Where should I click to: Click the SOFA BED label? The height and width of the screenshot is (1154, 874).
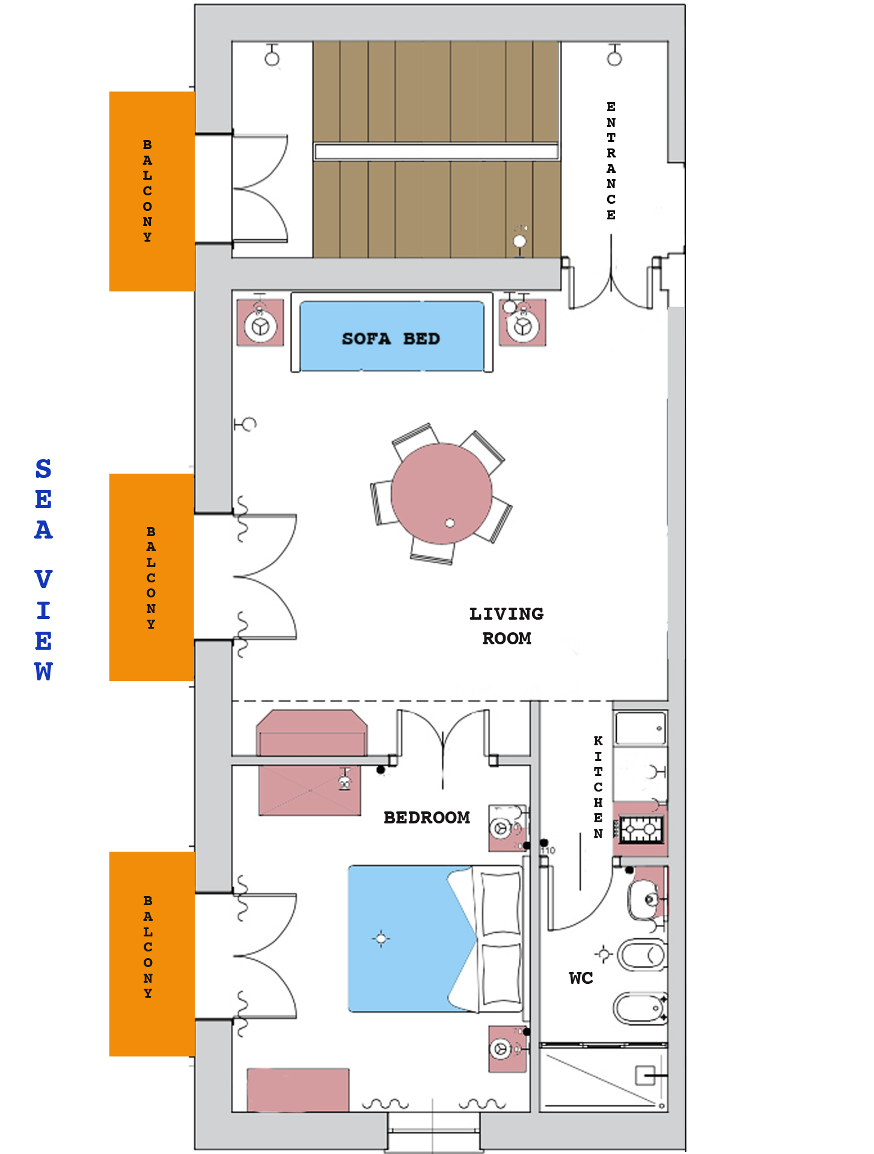(x=391, y=339)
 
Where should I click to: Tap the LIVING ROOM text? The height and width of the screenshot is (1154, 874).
(x=507, y=626)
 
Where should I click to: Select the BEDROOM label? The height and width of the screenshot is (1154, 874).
(x=427, y=817)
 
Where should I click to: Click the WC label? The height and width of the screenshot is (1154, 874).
(x=581, y=978)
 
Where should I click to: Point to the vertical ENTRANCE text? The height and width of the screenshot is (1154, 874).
(x=611, y=161)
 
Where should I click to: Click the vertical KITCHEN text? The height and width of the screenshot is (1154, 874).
(x=598, y=787)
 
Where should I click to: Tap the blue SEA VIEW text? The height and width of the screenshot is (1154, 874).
(x=43, y=570)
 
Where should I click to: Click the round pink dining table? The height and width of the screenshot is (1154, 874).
(x=442, y=493)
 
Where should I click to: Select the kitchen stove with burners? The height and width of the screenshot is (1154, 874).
(x=641, y=830)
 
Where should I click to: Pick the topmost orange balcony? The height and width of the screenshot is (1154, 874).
(x=152, y=191)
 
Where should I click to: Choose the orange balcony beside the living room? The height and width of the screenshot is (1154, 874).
(x=152, y=577)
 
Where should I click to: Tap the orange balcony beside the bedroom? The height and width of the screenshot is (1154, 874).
(x=152, y=954)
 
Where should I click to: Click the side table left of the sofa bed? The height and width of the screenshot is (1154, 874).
(x=260, y=323)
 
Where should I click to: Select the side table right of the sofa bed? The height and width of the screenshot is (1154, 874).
(x=522, y=323)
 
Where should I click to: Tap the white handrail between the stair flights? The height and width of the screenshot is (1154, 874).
(x=436, y=151)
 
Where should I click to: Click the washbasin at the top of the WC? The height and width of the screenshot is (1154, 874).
(x=646, y=899)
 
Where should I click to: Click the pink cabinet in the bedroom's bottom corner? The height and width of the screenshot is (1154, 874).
(x=298, y=1090)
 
